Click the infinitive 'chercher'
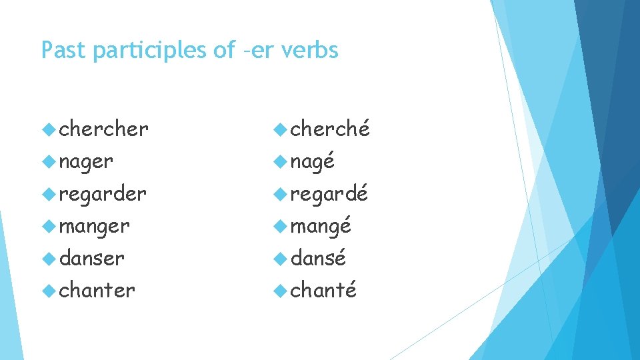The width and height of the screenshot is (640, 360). click(103, 129)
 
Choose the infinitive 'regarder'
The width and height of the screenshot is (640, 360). click(103, 193)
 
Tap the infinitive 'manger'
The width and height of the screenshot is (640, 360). click(94, 227)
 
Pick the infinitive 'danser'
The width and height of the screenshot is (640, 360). click(92, 258)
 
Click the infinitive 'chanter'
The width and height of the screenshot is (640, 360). click(97, 290)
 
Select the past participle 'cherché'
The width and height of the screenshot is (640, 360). click(330, 129)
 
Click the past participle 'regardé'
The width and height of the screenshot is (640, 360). click(329, 193)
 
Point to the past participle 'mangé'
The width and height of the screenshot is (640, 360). click(321, 227)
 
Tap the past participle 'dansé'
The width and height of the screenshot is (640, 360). click(319, 258)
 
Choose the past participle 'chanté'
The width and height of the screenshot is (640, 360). click(324, 290)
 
